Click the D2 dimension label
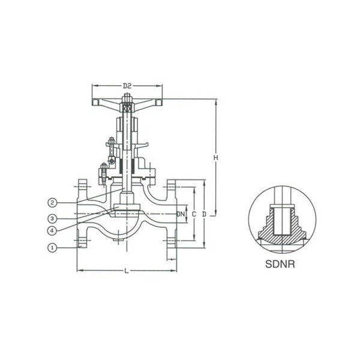(x=127, y=86)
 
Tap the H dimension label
(x=215, y=157)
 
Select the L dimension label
(x=126, y=271)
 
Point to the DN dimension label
(x=181, y=214)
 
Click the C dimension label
(x=194, y=214)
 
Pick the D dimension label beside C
(x=204, y=214)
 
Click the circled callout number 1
(x=52, y=248)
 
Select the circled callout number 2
(x=52, y=203)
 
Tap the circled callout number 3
(x=52, y=218)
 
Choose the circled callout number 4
(x=52, y=230)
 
